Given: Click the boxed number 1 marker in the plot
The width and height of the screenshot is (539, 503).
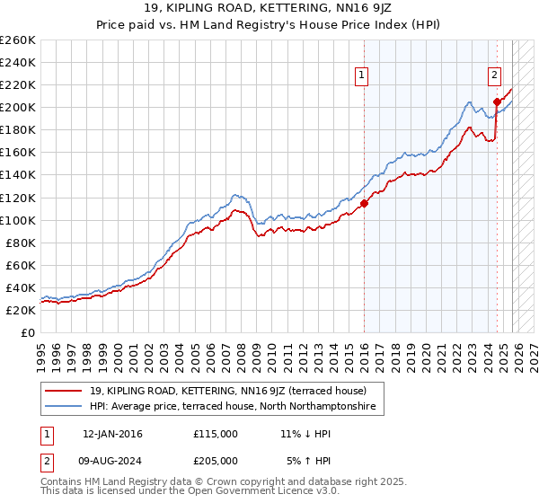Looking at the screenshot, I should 362,76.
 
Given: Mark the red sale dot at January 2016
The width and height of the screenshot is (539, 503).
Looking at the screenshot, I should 364,203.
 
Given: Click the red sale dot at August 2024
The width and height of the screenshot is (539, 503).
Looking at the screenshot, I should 497,101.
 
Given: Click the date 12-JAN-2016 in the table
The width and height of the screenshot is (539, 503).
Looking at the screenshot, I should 112,434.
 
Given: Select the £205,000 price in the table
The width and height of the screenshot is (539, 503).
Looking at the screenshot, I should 215,460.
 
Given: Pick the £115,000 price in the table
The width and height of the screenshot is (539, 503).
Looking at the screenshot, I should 215,434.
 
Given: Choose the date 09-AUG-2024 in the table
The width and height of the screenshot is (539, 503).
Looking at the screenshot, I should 112,460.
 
